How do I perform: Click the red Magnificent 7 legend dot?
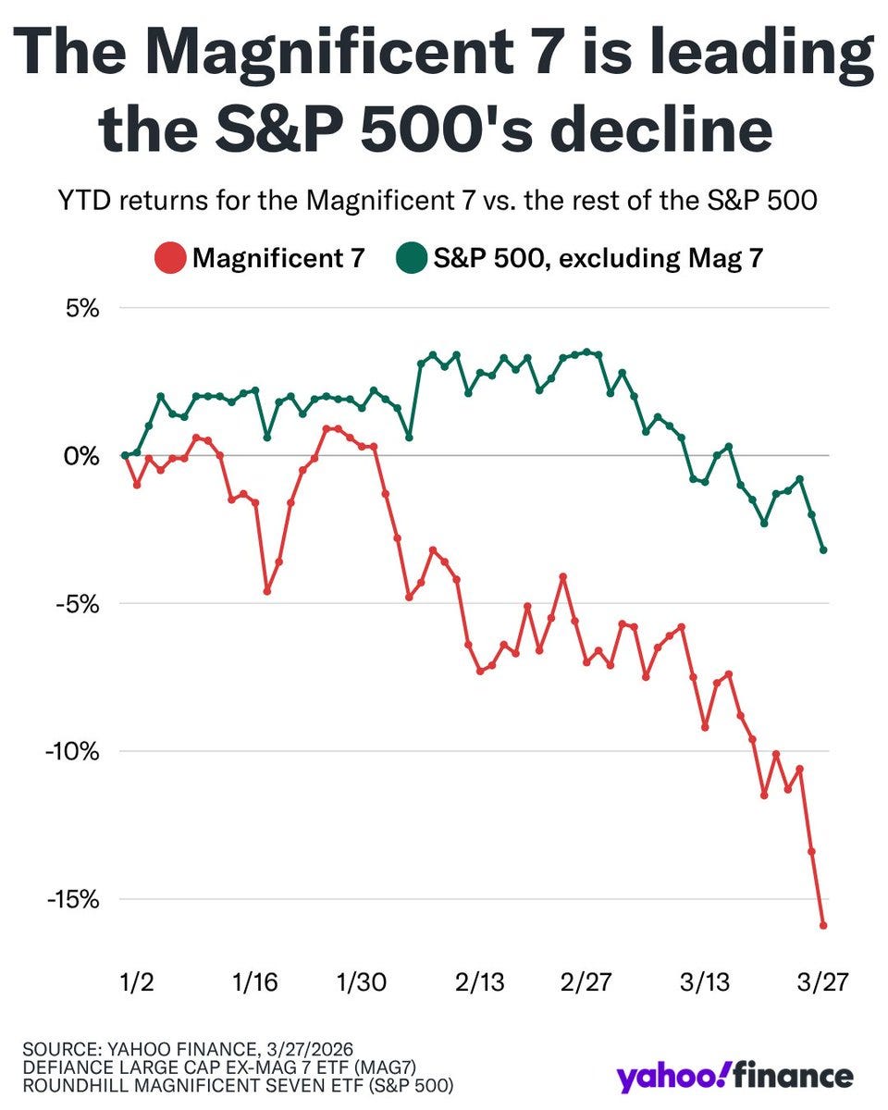click(x=168, y=257)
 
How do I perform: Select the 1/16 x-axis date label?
click(x=255, y=981)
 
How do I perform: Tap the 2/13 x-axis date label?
click(x=480, y=981)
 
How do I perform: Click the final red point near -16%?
click(x=823, y=925)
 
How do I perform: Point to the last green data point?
click(x=823, y=550)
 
